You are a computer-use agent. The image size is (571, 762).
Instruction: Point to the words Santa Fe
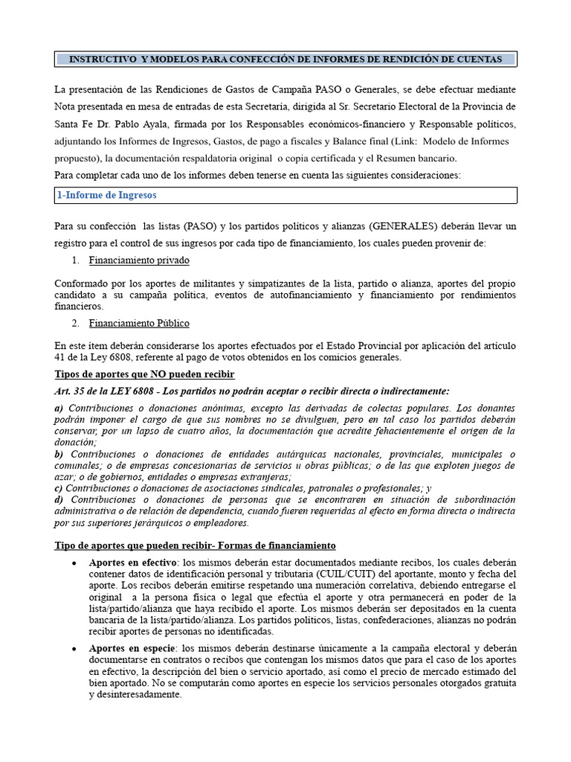click(x=73, y=124)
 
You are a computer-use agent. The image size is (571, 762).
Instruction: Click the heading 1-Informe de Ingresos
click(x=106, y=196)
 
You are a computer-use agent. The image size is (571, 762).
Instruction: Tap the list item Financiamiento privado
click(x=139, y=260)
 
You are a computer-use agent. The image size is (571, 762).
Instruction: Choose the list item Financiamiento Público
click(x=139, y=323)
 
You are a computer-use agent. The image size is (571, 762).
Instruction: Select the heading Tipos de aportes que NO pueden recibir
click(x=145, y=374)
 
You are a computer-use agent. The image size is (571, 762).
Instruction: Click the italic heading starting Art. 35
click(x=252, y=391)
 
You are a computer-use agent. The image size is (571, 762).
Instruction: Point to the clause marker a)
click(x=59, y=409)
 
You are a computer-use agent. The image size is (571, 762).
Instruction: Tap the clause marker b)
click(x=59, y=455)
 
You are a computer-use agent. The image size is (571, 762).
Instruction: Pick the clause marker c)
click(x=59, y=488)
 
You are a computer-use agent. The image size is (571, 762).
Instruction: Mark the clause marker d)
click(x=59, y=500)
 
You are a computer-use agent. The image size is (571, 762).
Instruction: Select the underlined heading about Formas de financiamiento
click(x=196, y=545)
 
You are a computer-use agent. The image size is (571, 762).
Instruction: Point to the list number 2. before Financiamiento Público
click(x=75, y=323)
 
